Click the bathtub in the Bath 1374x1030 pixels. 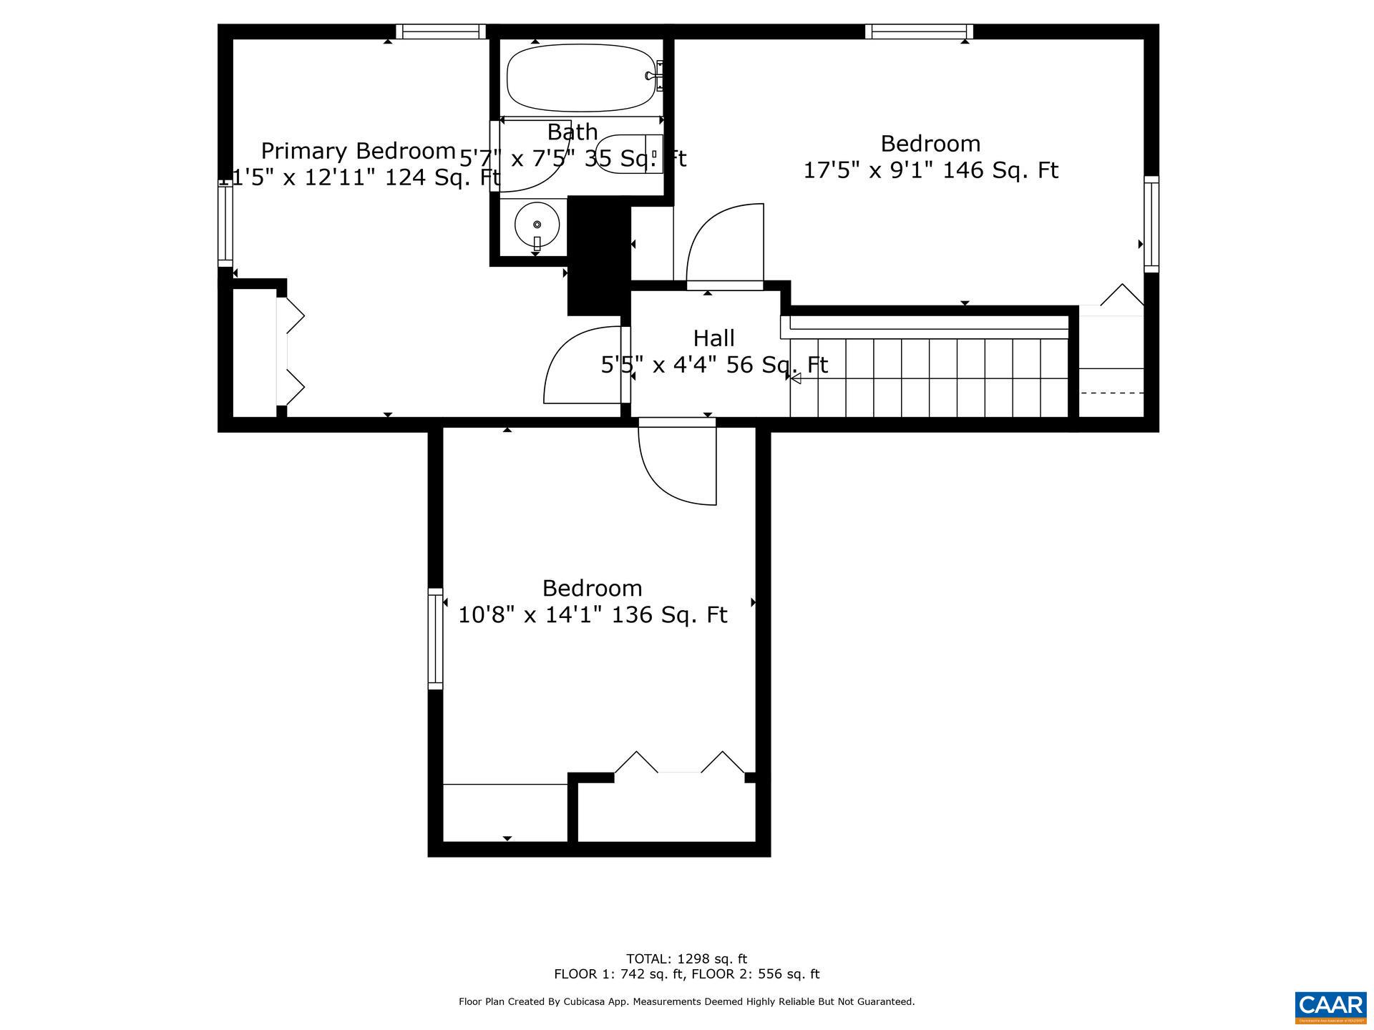(x=581, y=77)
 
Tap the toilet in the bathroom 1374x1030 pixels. (x=628, y=153)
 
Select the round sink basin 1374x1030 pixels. (x=537, y=225)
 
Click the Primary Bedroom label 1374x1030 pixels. (x=358, y=151)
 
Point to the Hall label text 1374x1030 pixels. (x=713, y=338)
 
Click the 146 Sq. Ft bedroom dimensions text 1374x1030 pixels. (x=930, y=170)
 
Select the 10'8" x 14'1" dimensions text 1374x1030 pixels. (x=593, y=614)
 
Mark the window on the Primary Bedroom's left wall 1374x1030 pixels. (x=225, y=223)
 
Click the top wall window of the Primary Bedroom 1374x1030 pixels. (x=440, y=31)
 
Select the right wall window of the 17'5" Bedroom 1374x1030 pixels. (x=1151, y=223)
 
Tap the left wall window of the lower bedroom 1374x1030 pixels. (x=435, y=638)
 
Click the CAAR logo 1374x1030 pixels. (x=1330, y=1007)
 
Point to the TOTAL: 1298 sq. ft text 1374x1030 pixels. (x=686, y=958)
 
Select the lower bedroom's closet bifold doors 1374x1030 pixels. (x=679, y=764)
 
